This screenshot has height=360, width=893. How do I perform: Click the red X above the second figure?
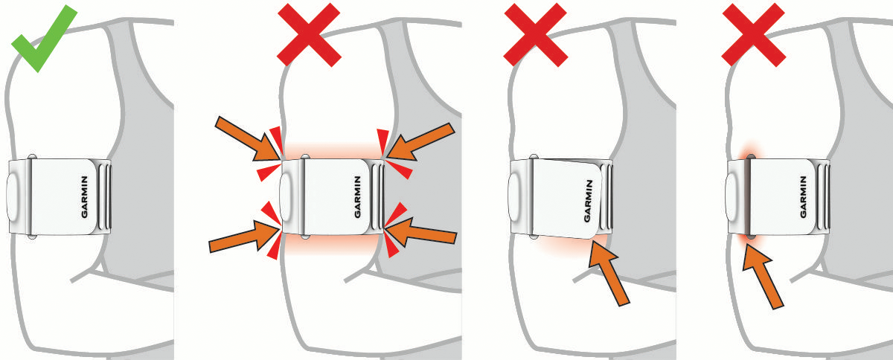[309, 35]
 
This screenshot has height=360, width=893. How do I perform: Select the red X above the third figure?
[535, 35]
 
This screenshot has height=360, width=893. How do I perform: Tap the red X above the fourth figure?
[753, 35]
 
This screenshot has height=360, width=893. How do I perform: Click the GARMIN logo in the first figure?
[85, 197]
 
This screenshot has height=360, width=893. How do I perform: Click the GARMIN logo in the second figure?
[358, 197]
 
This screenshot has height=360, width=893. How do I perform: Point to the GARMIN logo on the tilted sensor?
[588, 201]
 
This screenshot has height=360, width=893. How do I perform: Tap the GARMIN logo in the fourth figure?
[803, 197]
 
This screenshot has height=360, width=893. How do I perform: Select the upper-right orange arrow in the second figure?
[420, 141]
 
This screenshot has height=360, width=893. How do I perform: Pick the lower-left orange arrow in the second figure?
[244, 237]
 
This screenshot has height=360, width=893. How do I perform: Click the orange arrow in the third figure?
[609, 273]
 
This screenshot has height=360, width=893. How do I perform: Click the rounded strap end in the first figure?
[13, 197]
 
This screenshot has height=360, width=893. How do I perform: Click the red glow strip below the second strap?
[331, 243]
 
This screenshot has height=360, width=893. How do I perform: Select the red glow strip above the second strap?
[332, 151]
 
